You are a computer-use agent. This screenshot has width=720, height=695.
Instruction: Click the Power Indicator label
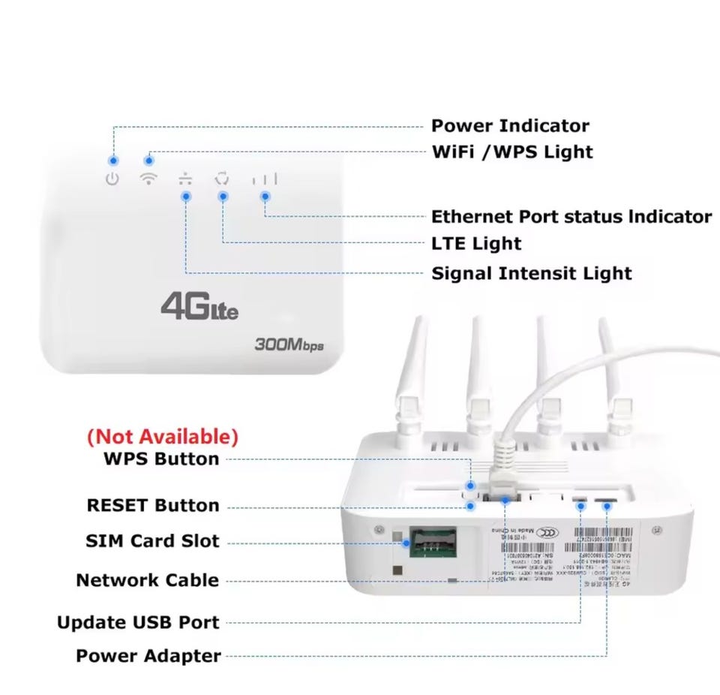point(510,125)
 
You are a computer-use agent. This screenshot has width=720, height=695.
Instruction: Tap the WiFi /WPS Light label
point(512,152)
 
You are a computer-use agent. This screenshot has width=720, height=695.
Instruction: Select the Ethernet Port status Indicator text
point(571,217)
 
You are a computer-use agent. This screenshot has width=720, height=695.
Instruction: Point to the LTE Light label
point(475,243)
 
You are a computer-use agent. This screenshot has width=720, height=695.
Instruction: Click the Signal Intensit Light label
point(531,273)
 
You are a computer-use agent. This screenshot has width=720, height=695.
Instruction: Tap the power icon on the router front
point(112,179)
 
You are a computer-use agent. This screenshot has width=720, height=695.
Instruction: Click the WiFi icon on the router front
point(149,179)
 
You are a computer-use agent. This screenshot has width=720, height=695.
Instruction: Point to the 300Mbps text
point(289,346)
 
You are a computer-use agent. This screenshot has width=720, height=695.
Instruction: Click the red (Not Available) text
point(163,436)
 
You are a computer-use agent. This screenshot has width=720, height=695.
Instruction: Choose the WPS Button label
point(161,459)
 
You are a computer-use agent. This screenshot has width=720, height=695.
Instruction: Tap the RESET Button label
point(153,505)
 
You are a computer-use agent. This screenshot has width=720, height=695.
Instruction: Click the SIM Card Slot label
point(152,540)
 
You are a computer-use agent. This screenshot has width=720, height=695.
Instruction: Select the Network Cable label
point(148,580)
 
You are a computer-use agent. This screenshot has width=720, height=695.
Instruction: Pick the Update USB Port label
point(138,622)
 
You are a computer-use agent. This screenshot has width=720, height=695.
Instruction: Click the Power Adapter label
point(148,656)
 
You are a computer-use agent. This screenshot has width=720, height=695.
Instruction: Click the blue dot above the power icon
point(113,161)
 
